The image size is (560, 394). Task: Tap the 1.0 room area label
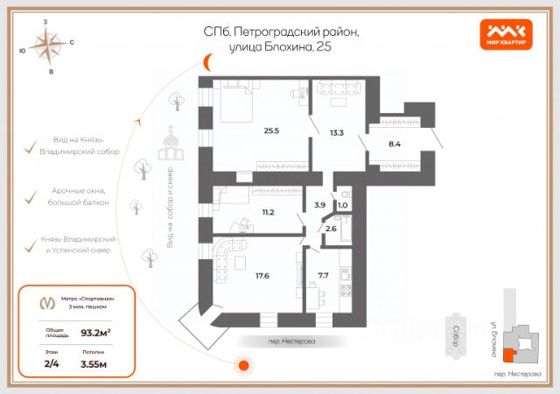pyautogui.click(x=343, y=206)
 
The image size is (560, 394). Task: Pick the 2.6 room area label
pyautogui.click(x=331, y=229)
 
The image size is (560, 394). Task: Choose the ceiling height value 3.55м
pyautogui.click(x=94, y=363)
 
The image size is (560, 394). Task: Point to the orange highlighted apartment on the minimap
pyautogui.click(x=508, y=354)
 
